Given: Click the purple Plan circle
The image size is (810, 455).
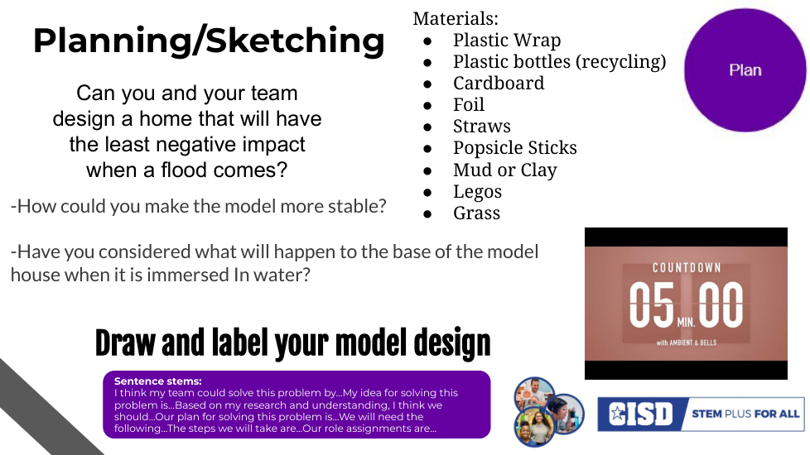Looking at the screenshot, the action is point(745,70).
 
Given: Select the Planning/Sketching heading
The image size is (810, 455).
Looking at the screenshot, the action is point(209,41).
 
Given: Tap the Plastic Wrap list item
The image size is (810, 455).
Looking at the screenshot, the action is point(507,41).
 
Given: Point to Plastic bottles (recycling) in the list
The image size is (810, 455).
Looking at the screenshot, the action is point(559,62).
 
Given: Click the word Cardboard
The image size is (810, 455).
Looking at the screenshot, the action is point(499,83).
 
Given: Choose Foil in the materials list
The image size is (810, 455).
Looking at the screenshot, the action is point(469,105).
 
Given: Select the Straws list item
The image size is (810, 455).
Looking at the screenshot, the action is point(482,127).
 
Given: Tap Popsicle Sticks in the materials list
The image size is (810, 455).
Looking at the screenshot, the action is point(515,148).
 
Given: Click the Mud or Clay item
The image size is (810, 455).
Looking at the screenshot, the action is point(505,170).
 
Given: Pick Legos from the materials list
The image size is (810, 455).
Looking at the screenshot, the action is point(477,192).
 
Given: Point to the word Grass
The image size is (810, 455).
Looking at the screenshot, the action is point(477,213).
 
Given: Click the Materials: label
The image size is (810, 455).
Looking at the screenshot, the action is point(456,18).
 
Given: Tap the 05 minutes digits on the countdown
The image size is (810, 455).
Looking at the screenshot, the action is point(652,305).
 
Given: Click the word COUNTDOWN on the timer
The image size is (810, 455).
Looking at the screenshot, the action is point(687,268).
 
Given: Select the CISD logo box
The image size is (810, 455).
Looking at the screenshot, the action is point(640,414).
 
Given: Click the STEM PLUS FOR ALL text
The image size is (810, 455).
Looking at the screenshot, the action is point(745,414).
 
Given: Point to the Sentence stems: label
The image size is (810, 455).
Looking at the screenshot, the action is point(158,381).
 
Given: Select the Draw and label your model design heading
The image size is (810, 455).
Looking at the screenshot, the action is point(293,343).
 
